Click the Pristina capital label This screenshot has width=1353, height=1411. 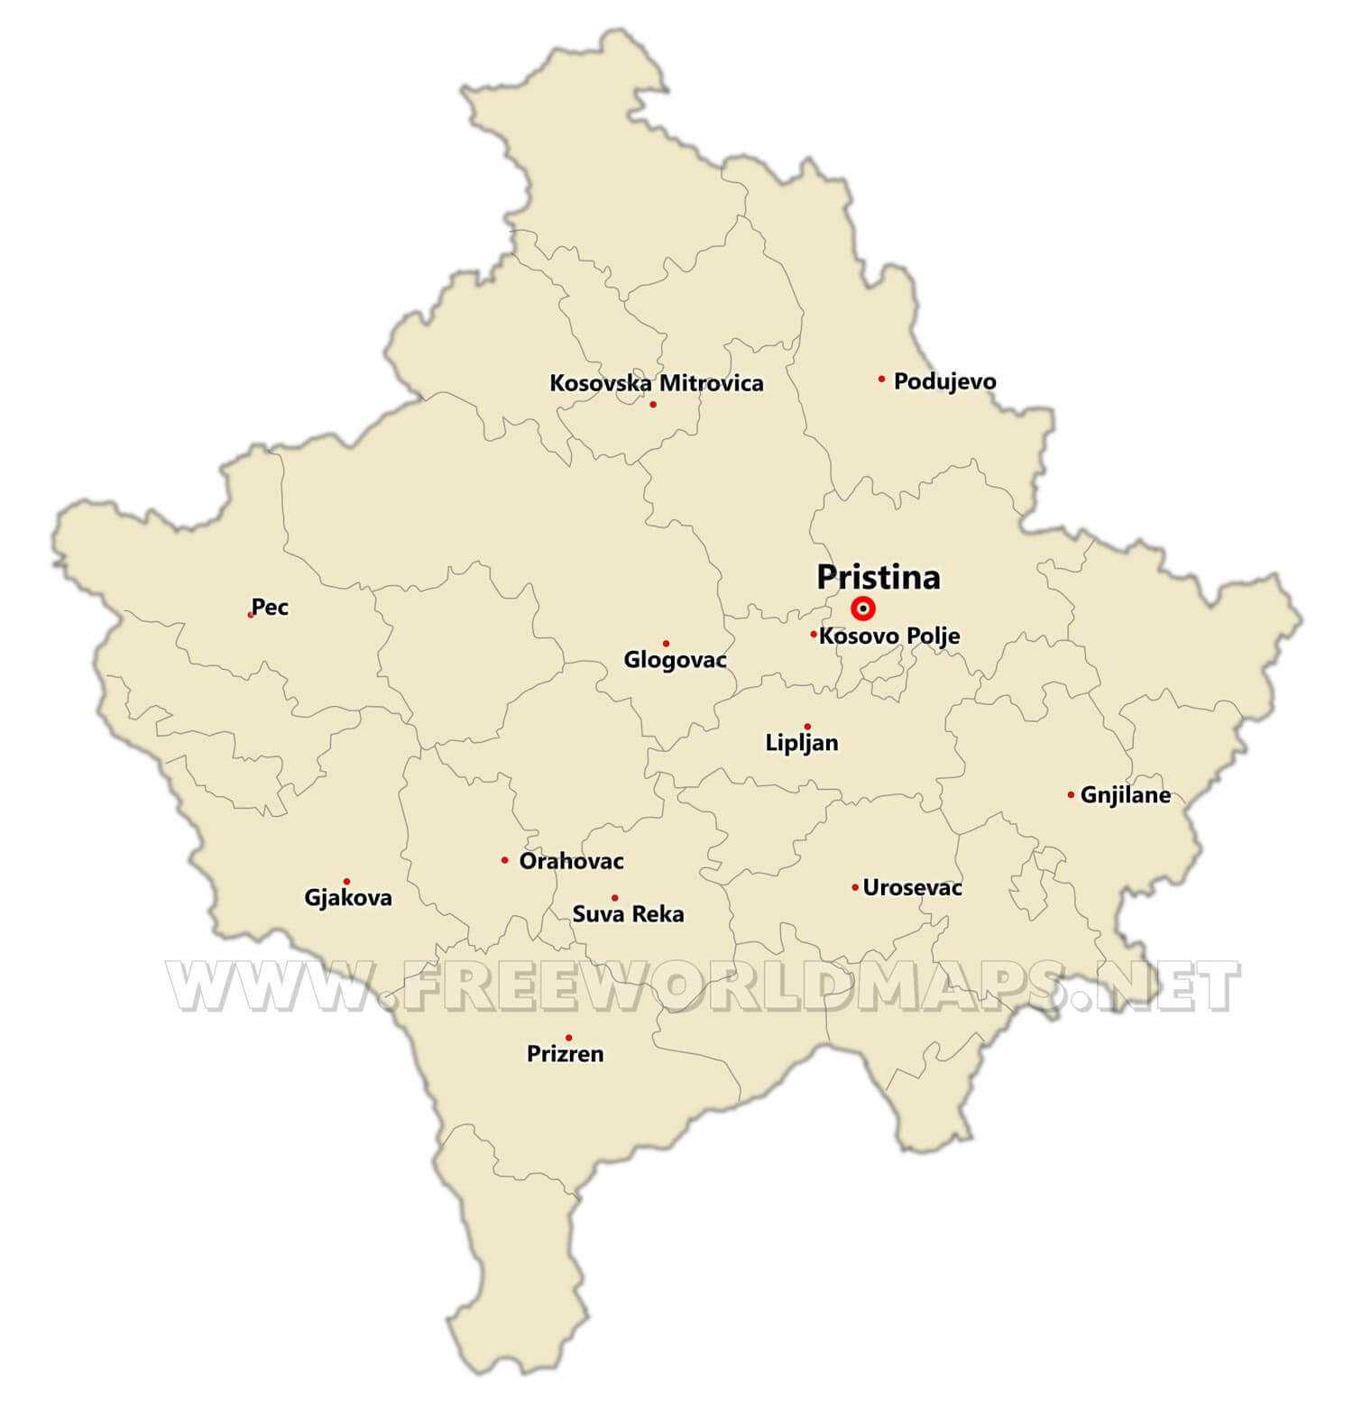click(x=879, y=577)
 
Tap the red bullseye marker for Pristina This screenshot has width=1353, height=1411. click(x=863, y=609)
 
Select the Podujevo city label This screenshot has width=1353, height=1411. click(x=944, y=381)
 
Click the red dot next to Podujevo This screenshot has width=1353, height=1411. click(x=881, y=379)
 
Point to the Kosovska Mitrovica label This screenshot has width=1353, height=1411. click(x=657, y=383)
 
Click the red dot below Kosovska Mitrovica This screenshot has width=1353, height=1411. click(x=653, y=404)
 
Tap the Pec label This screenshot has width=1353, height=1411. click(x=270, y=607)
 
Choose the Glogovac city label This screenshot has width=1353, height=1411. click(x=675, y=660)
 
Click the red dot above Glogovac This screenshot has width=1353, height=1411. click(x=666, y=643)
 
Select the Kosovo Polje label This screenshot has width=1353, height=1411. click(x=889, y=636)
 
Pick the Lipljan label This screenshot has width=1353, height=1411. click(x=801, y=743)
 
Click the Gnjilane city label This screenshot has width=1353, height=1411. click(x=1125, y=795)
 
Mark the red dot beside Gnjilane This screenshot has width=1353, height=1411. click(x=1071, y=794)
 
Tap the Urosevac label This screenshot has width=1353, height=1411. click(x=912, y=888)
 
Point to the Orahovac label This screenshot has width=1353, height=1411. click(x=571, y=861)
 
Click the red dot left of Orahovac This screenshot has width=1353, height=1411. click(x=504, y=860)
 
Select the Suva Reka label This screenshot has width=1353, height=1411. click(x=628, y=914)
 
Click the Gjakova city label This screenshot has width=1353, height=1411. click(x=348, y=898)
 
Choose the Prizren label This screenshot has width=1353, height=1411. click(x=566, y=1054)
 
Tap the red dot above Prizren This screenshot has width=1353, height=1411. click(x=568, y=1038)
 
